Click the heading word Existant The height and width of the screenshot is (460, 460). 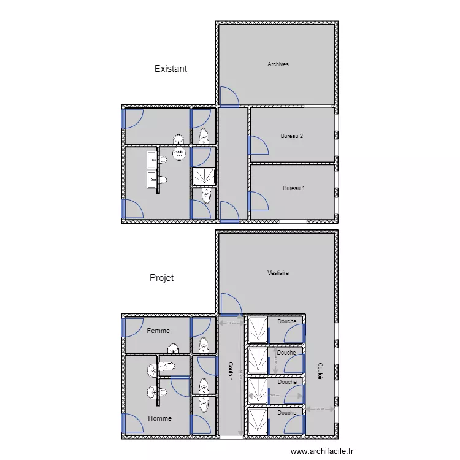[171, 69]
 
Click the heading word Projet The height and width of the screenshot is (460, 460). [161, 278]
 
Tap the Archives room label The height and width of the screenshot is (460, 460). [278, 64]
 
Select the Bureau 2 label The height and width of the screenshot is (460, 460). [292, 136]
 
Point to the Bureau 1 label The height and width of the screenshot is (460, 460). [294, 188]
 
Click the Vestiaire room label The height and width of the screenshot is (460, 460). [278, 273]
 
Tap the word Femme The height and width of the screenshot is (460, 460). [158, 331]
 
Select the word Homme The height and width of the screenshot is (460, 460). [159, 418]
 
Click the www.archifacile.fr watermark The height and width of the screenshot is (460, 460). [322, 451]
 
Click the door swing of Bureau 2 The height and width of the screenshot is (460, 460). [258, 145]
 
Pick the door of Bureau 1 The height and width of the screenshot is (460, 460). [258, 201]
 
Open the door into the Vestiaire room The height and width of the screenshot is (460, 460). [229, 304]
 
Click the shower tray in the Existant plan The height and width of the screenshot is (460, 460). [203, 177]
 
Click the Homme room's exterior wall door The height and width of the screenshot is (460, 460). [132, 423]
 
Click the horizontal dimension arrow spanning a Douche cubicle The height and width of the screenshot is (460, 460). [275, 396]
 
